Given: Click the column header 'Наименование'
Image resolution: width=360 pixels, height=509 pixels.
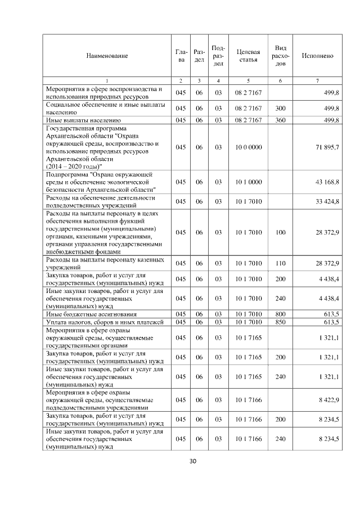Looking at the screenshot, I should [x=107, y=56].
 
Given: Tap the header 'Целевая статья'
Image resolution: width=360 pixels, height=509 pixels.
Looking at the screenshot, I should [x=248, y=56].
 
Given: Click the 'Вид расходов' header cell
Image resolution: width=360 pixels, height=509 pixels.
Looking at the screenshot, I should [x=280, y=56].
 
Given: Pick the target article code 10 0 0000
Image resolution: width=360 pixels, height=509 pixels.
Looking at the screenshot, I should [x=248, y=147].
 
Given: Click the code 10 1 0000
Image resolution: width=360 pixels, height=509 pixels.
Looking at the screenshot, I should [x=248, y=182].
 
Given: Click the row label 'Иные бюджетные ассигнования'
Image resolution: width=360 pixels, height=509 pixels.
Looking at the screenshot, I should [x=84, y=314].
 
